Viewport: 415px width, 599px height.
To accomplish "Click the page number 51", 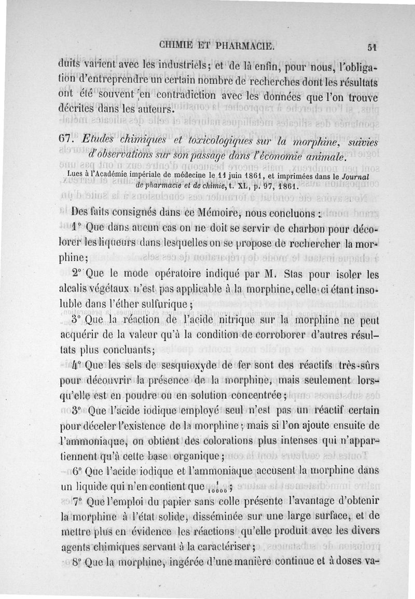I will [x=370, y=46].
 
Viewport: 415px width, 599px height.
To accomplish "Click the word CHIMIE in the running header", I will [x=181, y=46].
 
